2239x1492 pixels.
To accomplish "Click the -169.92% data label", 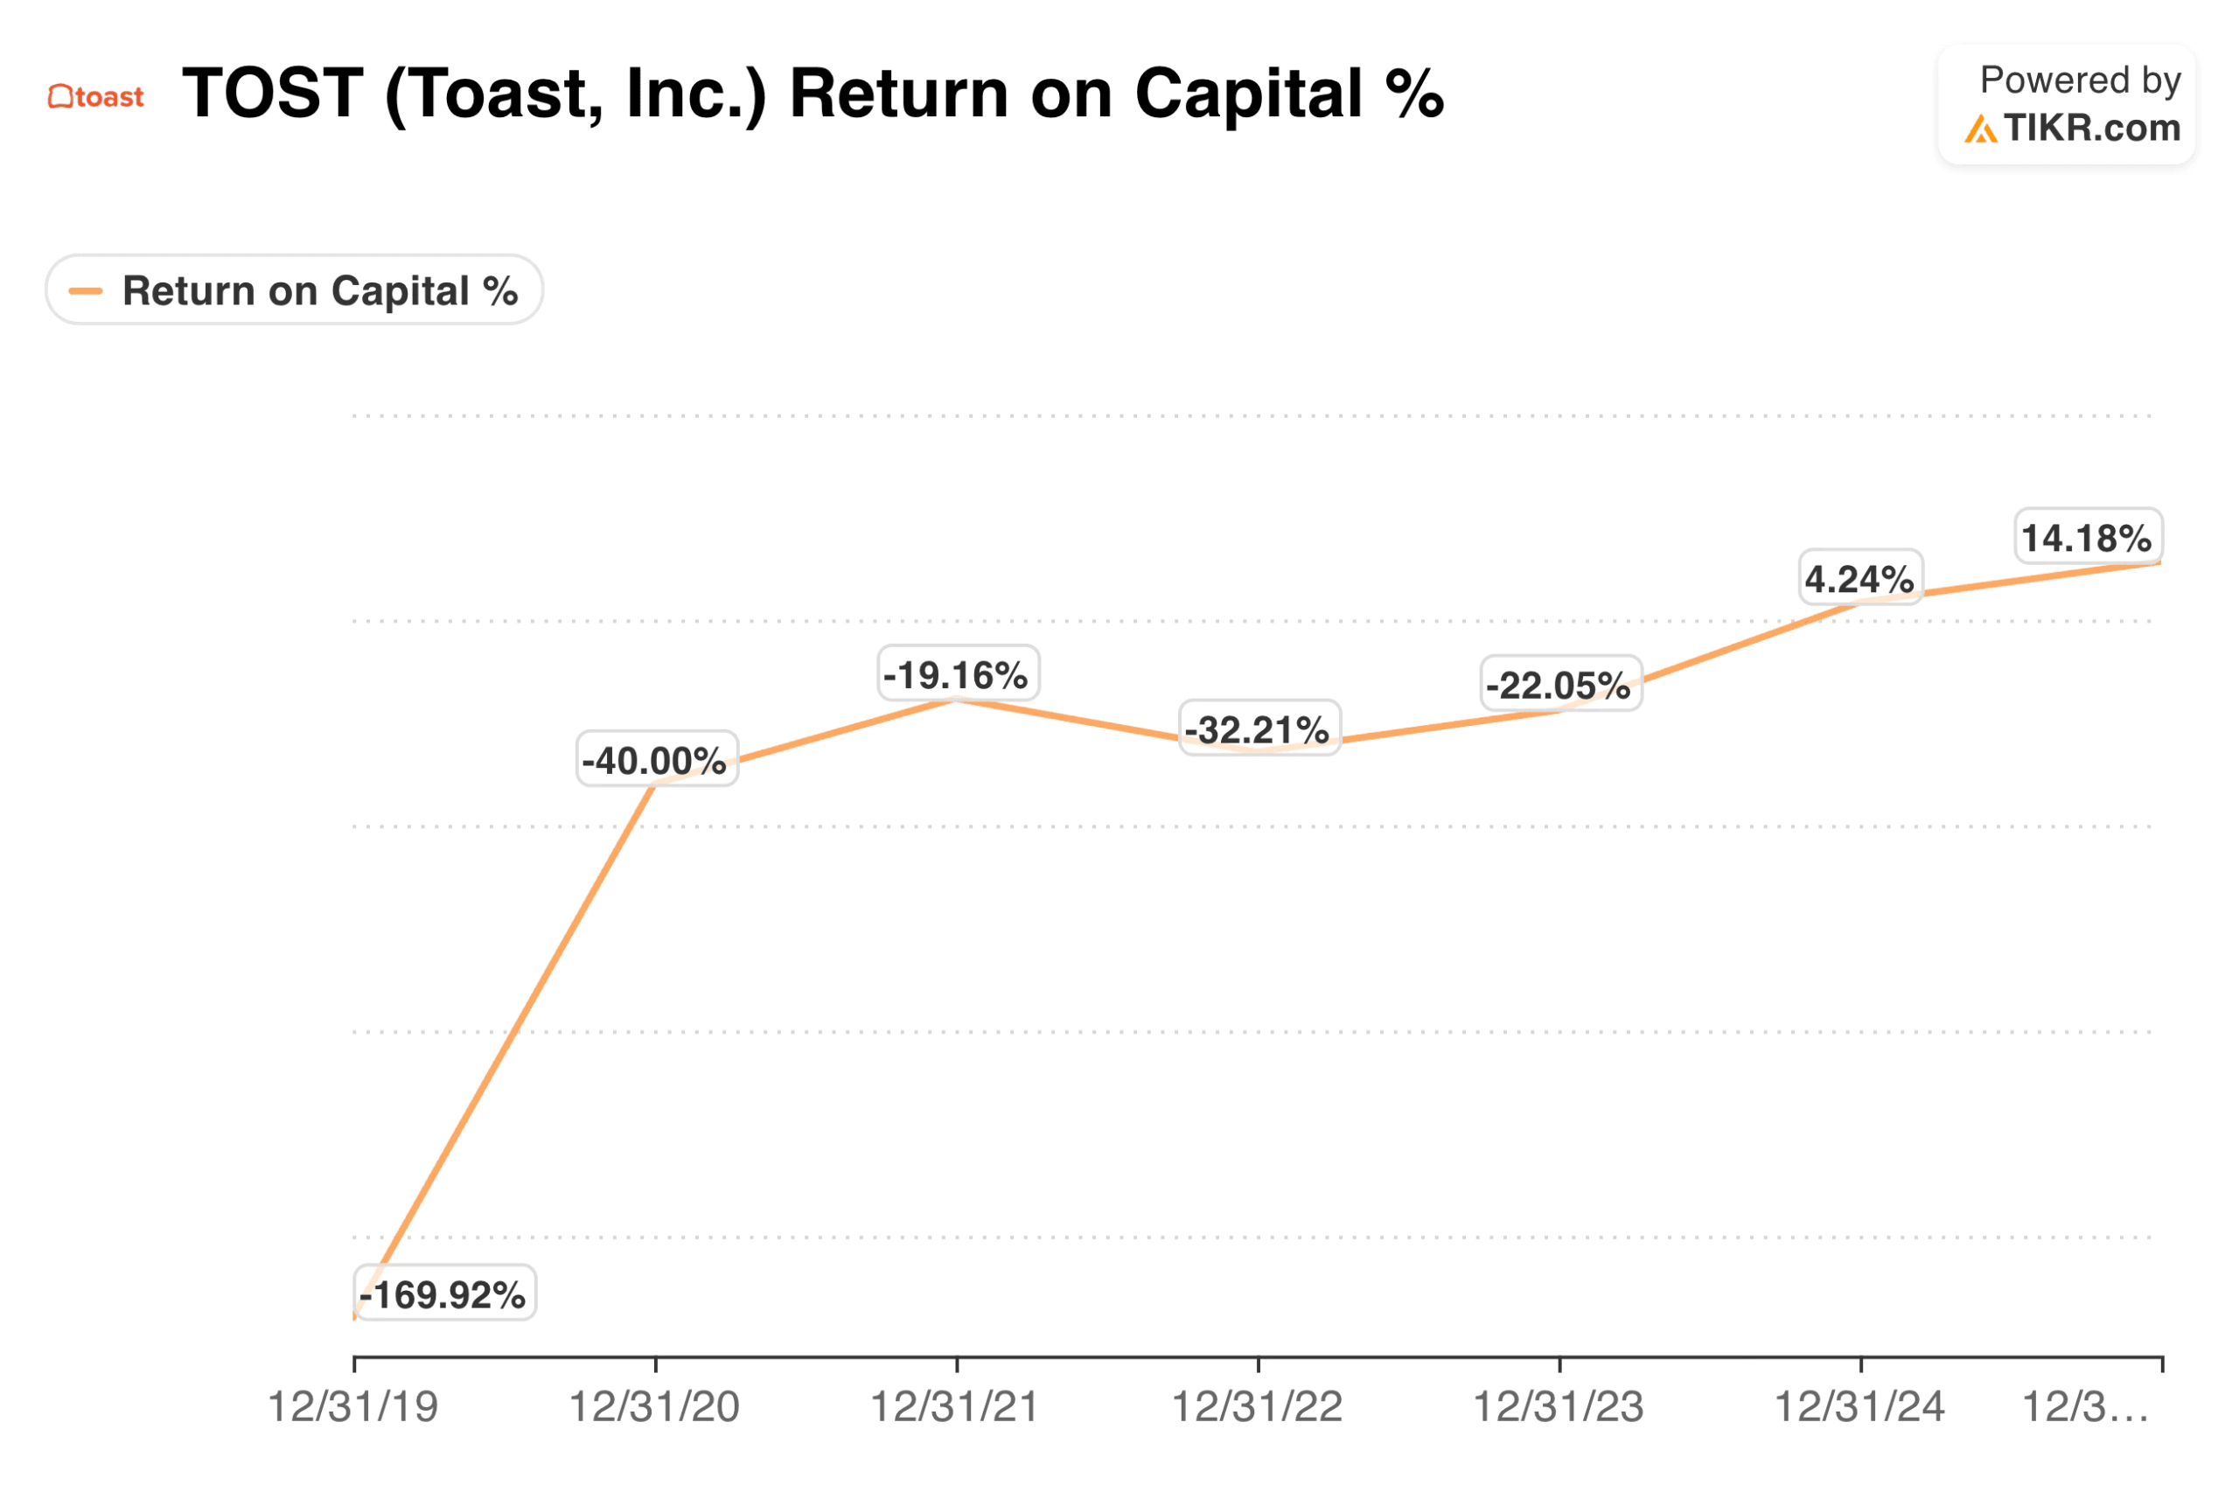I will coord(443,1293).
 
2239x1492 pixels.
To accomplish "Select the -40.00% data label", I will coord(656,759).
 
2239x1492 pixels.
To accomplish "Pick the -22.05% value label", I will coord(1559,684).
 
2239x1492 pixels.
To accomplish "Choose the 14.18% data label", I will coord(2087,537).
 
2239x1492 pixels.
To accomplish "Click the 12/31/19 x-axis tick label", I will coord(353,1406).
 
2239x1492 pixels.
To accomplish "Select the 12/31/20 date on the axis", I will coord(655,1406).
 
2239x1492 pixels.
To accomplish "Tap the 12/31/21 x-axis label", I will coord(955,1406).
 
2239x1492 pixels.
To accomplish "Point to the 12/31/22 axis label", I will coord(1257,1406).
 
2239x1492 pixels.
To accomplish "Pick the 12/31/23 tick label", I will coord(1559,1406).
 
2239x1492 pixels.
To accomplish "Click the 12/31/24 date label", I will coord(1859,1406).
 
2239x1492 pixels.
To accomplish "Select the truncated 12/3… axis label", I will coord(2084,1406).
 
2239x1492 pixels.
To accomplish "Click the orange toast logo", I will coord(96,96).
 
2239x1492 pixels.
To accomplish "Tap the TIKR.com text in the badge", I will coord(2090,128).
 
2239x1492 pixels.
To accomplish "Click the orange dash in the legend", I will coord(86,290).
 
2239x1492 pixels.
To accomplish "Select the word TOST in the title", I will coord(273,94).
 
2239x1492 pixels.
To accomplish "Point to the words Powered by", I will coord(2079,80).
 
